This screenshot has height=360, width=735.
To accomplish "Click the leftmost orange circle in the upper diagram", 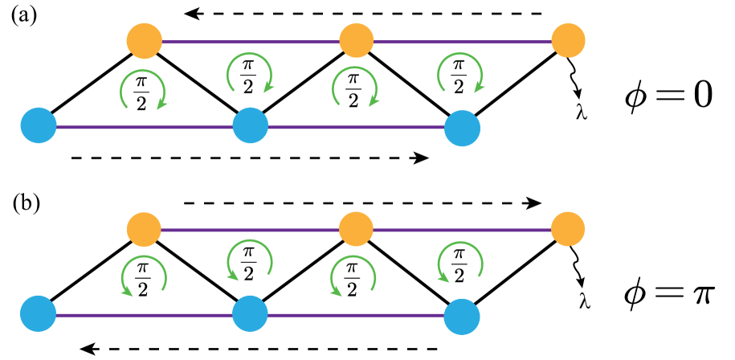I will pyautogui.click(x=145, y=41).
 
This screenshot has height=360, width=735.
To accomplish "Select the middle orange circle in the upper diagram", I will pyautogui.click(x=356, y=41).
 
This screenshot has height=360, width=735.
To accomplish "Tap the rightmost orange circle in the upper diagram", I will pyautogui.click(x=568, y=41).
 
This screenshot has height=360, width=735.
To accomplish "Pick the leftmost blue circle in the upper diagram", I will pyautogui.click(x=39, y=125).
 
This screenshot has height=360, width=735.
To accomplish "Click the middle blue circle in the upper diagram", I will pyautogui.click(x=251, y=125).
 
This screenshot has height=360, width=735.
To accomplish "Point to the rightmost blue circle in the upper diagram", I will pyautogui.click(x=462, y=128).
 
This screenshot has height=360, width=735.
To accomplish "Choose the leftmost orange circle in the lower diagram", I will pyautogui.click(x=144, y=230).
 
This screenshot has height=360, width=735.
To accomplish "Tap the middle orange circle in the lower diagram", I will pyautogui.click(x=356, y=229).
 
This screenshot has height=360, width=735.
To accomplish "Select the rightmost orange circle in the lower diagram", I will pyautogui.click(x=568, y=229).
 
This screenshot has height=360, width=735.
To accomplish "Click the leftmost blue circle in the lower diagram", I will pyautogui.click(x=39, y=313).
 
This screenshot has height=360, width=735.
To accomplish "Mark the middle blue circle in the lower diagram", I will pyautogui.click(x=250, y=313).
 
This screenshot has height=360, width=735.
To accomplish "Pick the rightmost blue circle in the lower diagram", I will pyautogui.click(x=462, y=317).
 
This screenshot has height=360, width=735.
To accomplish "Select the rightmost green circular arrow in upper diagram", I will pyautogui.click(x=460, y=73).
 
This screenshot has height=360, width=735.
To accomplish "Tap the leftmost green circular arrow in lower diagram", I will pyautogui.click(x=144, y=276).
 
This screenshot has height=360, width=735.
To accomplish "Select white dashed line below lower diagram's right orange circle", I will pyautogui.click(x=575, y=260).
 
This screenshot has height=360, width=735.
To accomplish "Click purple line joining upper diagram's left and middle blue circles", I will pyautogui.click(x=145, y=127).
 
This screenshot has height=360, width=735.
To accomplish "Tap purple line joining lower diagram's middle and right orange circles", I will pyautogui.click(x=462, y=230).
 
